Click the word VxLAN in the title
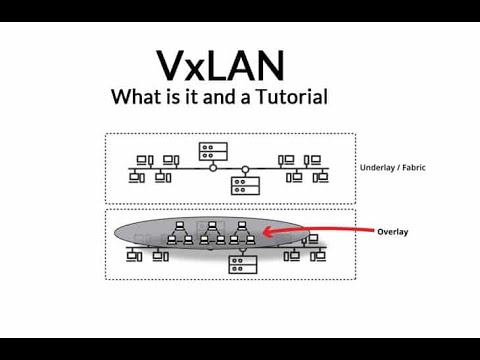(x=219, y=64)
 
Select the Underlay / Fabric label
(x=391, y=168)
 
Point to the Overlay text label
(x=391, y=232)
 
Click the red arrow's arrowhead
(x=267, y=235)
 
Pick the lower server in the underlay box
(x=242, y=184)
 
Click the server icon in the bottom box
(x=242, y=264)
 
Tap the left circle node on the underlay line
(x=213, y=168)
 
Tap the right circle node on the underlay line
(x=246, y=168)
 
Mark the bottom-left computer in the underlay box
(x=135, y=177)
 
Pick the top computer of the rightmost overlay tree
(x=241, y=226)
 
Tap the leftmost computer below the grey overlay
(x=134, y=256)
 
